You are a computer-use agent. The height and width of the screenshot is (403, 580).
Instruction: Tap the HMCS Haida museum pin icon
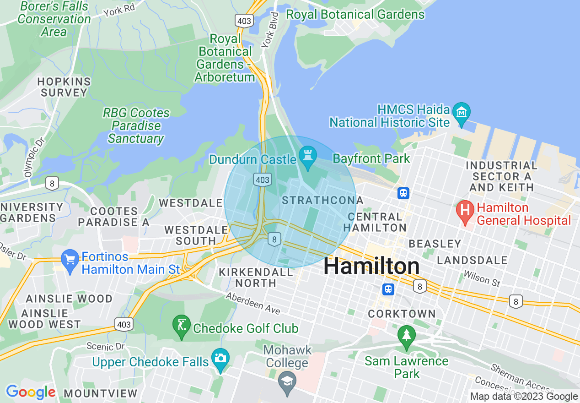click(x=462, y=111)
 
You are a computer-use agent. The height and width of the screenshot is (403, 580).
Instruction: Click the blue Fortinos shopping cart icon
click(x=70, y=261)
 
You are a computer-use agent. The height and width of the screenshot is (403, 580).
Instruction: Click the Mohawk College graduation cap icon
click(x=287, y=381)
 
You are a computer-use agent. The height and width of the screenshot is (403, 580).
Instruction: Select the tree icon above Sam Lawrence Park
click(x=406, y=335)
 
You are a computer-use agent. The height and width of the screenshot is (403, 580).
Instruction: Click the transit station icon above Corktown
click(x=388, y=289)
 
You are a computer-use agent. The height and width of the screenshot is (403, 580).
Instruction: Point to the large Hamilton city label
click(x=371, y=266)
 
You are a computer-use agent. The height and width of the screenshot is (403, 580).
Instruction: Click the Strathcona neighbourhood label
click(x=322, y=201)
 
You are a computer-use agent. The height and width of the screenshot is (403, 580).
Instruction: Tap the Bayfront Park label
click(x=371, y=159)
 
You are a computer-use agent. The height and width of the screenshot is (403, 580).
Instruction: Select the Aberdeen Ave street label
click(x=253, y=304)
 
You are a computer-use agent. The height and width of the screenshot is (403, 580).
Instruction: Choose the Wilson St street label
click(x=482, y=278)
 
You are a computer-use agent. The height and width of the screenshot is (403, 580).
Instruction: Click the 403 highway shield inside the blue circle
click(x=263, y=180)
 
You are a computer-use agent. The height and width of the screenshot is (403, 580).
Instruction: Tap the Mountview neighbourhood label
click(x=100, y=393)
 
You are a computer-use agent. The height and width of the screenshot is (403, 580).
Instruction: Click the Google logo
click(x=31, y=392)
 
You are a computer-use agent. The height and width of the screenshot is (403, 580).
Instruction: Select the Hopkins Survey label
click(x=64, y=87)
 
